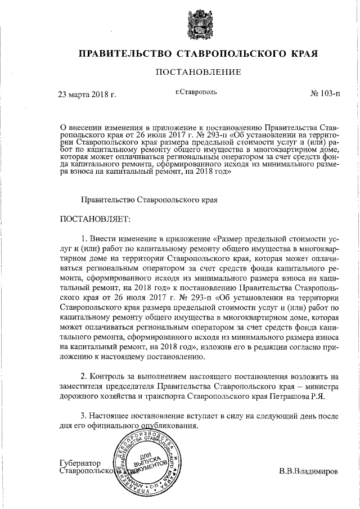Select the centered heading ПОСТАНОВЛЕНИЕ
[x=199, y=72]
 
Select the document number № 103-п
[x=325, y=93]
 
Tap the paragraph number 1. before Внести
[x=86, y=237]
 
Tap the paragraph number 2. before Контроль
[x=86, y=376]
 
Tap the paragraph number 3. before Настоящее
[x=86, y=416]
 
